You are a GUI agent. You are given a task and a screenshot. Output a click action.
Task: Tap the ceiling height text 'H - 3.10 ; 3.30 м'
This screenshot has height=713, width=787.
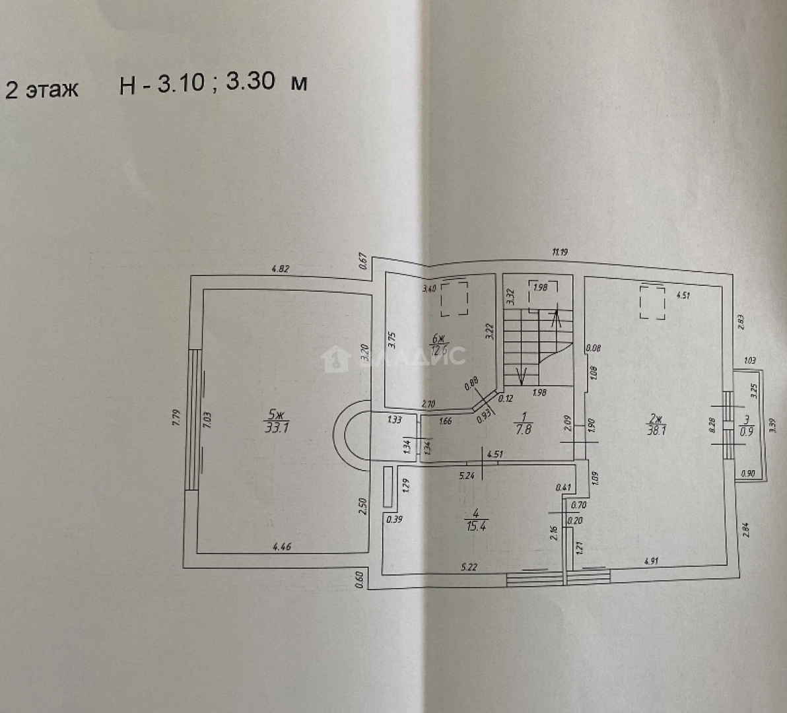tap(213, 84)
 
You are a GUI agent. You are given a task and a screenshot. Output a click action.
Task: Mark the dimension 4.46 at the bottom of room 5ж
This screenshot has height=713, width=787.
tap(283, 546)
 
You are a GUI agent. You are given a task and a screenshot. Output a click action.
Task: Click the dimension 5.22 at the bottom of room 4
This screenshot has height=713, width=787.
tap(469, 566)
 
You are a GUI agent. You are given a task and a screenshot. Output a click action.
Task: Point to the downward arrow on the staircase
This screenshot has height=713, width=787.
tap(521, 375)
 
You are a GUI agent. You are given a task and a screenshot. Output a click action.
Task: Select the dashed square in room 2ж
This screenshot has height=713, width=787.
tap(652, 302)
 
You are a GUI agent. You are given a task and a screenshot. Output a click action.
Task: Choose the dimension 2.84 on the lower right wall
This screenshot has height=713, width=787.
tap(745, 529)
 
